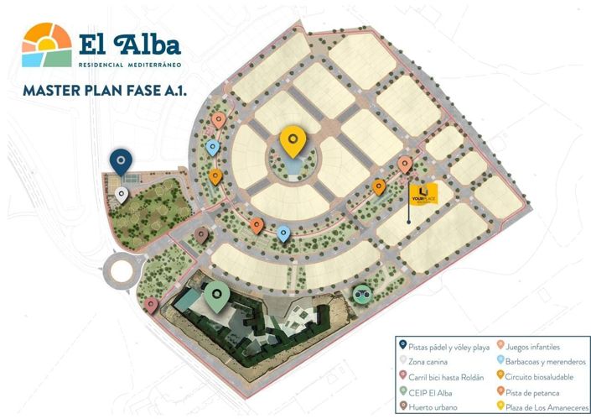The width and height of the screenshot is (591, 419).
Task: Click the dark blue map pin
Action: [122, 160]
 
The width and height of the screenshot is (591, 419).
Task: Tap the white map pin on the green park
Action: [122, 196]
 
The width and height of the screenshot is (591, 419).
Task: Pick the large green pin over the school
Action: [218, 296]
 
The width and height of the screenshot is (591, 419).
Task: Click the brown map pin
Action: [201, 235]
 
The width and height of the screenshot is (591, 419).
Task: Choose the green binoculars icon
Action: [361, 295]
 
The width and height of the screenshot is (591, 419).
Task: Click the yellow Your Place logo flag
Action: [423, 192]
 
